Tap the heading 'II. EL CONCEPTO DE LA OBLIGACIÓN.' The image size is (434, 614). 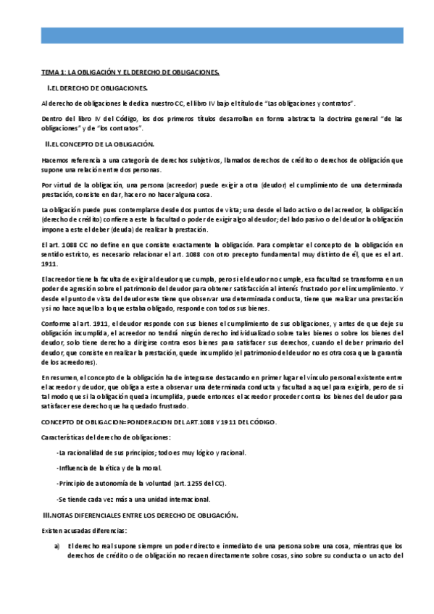(x=100, y=145)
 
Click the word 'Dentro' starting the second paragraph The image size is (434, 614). (x=51, y=117)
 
